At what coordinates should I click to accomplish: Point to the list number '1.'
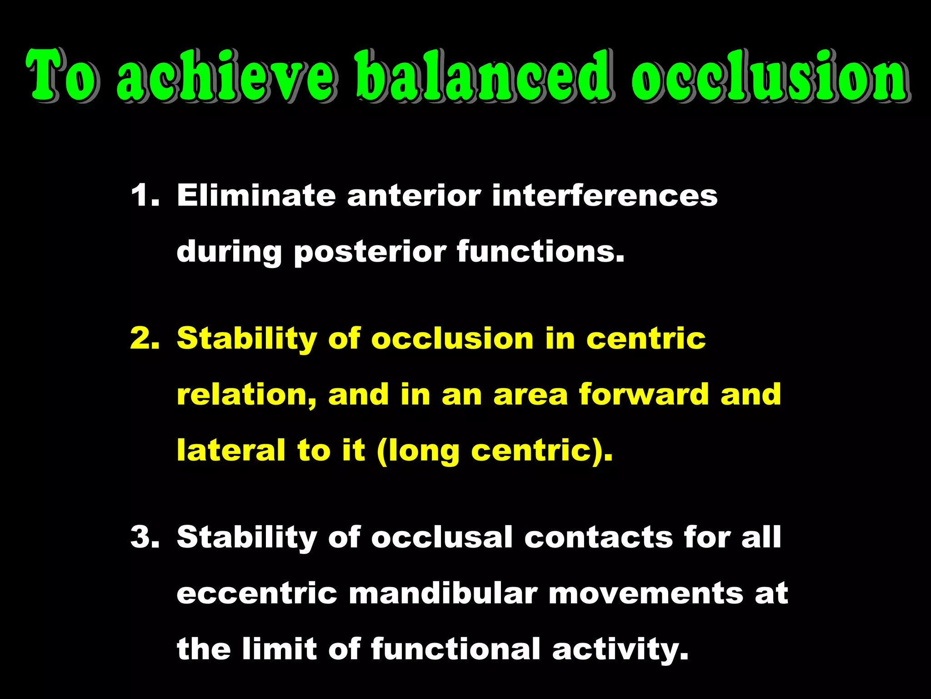point(145,196)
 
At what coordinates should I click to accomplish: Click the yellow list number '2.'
point(145,339)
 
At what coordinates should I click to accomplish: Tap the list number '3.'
point(145,537)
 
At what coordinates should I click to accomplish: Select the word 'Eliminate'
point(256,196)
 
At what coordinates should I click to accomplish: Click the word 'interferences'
point(605,196)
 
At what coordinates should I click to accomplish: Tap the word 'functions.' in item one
point(541,252)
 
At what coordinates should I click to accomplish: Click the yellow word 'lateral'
point(231,451)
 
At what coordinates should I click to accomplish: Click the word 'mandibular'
point(443,594)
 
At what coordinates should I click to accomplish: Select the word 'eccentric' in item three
point(256,594)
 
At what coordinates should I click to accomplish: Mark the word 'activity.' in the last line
point(620,650)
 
